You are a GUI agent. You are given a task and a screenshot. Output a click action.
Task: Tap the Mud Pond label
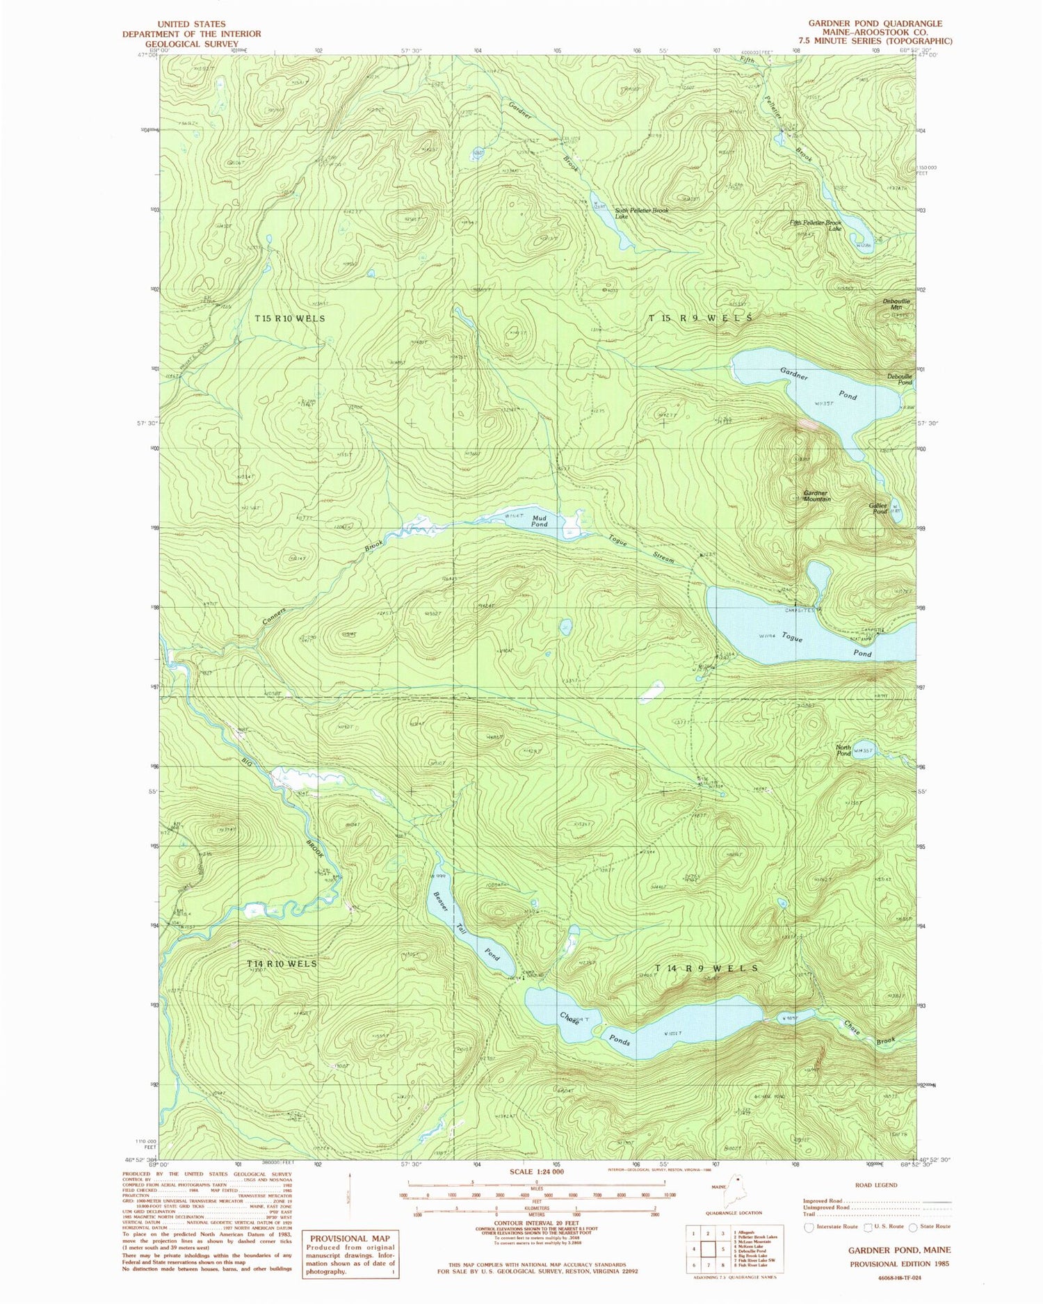(539, 521)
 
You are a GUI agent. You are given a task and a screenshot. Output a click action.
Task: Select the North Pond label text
(843, 750)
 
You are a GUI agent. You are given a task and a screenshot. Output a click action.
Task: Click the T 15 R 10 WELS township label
(289, 318)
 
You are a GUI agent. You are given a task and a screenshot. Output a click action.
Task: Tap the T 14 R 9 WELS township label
(706, 968)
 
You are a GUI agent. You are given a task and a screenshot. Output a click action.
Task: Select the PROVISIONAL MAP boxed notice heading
(350, 1239)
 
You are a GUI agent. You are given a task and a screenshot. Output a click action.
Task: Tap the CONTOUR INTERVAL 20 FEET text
(536, 1223)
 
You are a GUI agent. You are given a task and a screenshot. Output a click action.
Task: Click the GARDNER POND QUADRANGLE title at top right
(875, 24)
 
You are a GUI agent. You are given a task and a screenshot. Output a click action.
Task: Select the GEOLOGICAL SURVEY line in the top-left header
(192, 44)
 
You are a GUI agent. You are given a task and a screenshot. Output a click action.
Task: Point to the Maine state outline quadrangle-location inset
(735, 1194)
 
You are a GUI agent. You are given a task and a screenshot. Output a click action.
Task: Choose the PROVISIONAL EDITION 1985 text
(899, 1264)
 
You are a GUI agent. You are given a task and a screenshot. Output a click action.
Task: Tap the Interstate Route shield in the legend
(809, 1227)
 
